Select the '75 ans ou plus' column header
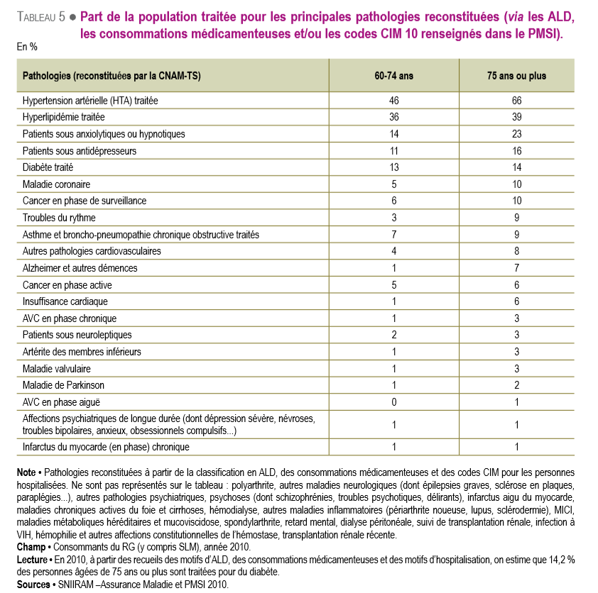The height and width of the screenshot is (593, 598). pyautogui.click(x=516, y=76)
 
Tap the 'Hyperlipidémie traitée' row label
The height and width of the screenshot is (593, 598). pyautogui.click(x=63, y=117)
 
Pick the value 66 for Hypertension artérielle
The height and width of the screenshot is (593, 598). pyautogui.click(x=516, y=101)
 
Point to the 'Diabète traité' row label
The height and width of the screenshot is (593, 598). pyautogui.click(x=48, y=167)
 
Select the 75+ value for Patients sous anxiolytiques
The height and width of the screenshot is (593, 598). pyautogui.click(x=516, y=134)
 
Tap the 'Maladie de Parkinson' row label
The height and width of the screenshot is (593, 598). pyautogui.click(x=63, y=385)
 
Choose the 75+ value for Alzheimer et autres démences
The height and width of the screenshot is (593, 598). pyautogui.click(x=516, y=268)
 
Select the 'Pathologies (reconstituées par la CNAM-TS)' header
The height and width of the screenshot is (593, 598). pyautogui.click(x=112, y=76)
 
